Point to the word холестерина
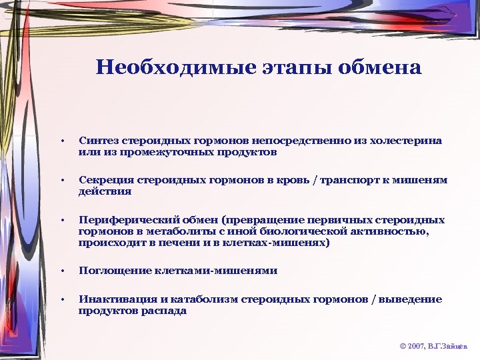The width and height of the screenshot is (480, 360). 408,141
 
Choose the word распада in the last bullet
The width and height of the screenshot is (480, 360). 165,311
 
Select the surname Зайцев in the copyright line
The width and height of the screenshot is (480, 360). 457,347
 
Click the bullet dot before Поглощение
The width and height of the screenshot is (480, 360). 62,271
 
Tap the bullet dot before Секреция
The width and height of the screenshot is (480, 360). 62,180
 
